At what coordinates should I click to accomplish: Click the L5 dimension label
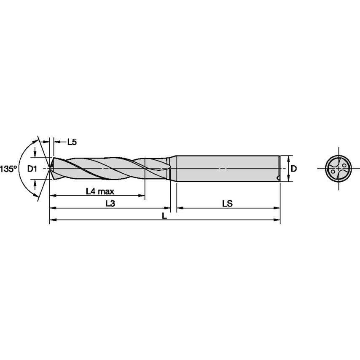coord(72,142)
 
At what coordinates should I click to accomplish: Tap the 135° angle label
coord(8,169)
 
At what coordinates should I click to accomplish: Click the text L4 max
coord(100,191)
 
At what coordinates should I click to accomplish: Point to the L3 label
coord(110,204)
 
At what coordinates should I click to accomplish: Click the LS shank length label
coord(228,204)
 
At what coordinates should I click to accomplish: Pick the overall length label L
coord(165,215)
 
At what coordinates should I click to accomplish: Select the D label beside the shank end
coord(294,169)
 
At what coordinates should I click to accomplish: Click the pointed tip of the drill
coord(51,169)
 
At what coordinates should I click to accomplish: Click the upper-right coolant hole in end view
coord(344,165)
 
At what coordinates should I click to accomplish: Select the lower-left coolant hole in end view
coord(333,172)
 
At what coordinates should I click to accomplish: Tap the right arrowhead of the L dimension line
coord(278,220)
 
